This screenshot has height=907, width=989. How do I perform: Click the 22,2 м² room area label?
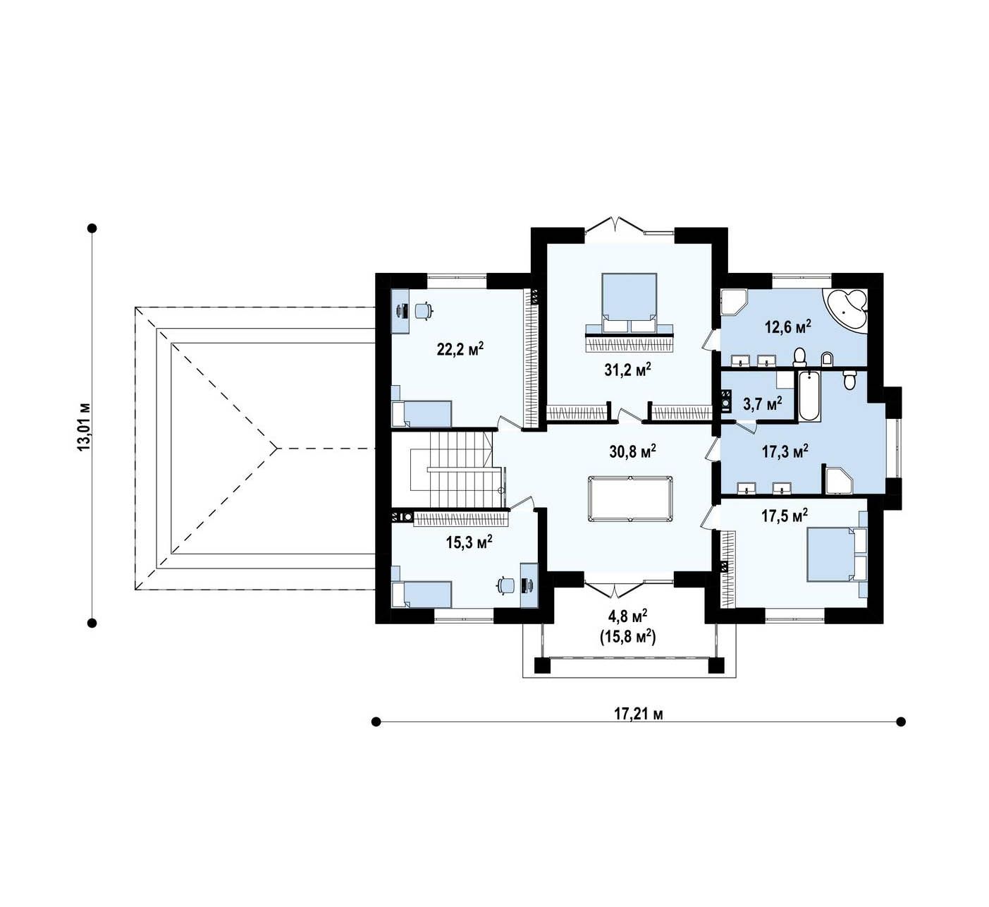460,349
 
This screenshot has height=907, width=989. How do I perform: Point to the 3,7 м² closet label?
762,404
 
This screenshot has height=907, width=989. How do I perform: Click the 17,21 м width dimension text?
638,714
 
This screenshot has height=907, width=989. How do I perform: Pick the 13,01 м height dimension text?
84,426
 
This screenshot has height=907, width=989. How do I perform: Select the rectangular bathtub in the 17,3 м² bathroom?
809,397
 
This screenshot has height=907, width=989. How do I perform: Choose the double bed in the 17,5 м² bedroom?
836,554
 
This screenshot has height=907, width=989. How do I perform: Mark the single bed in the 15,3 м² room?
422,594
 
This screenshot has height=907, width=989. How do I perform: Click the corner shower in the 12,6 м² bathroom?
734,303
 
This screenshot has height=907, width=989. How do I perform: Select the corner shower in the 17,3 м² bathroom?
838,481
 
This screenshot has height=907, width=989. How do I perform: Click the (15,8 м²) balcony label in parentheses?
627,637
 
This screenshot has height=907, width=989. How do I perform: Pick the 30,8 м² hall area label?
632,451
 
